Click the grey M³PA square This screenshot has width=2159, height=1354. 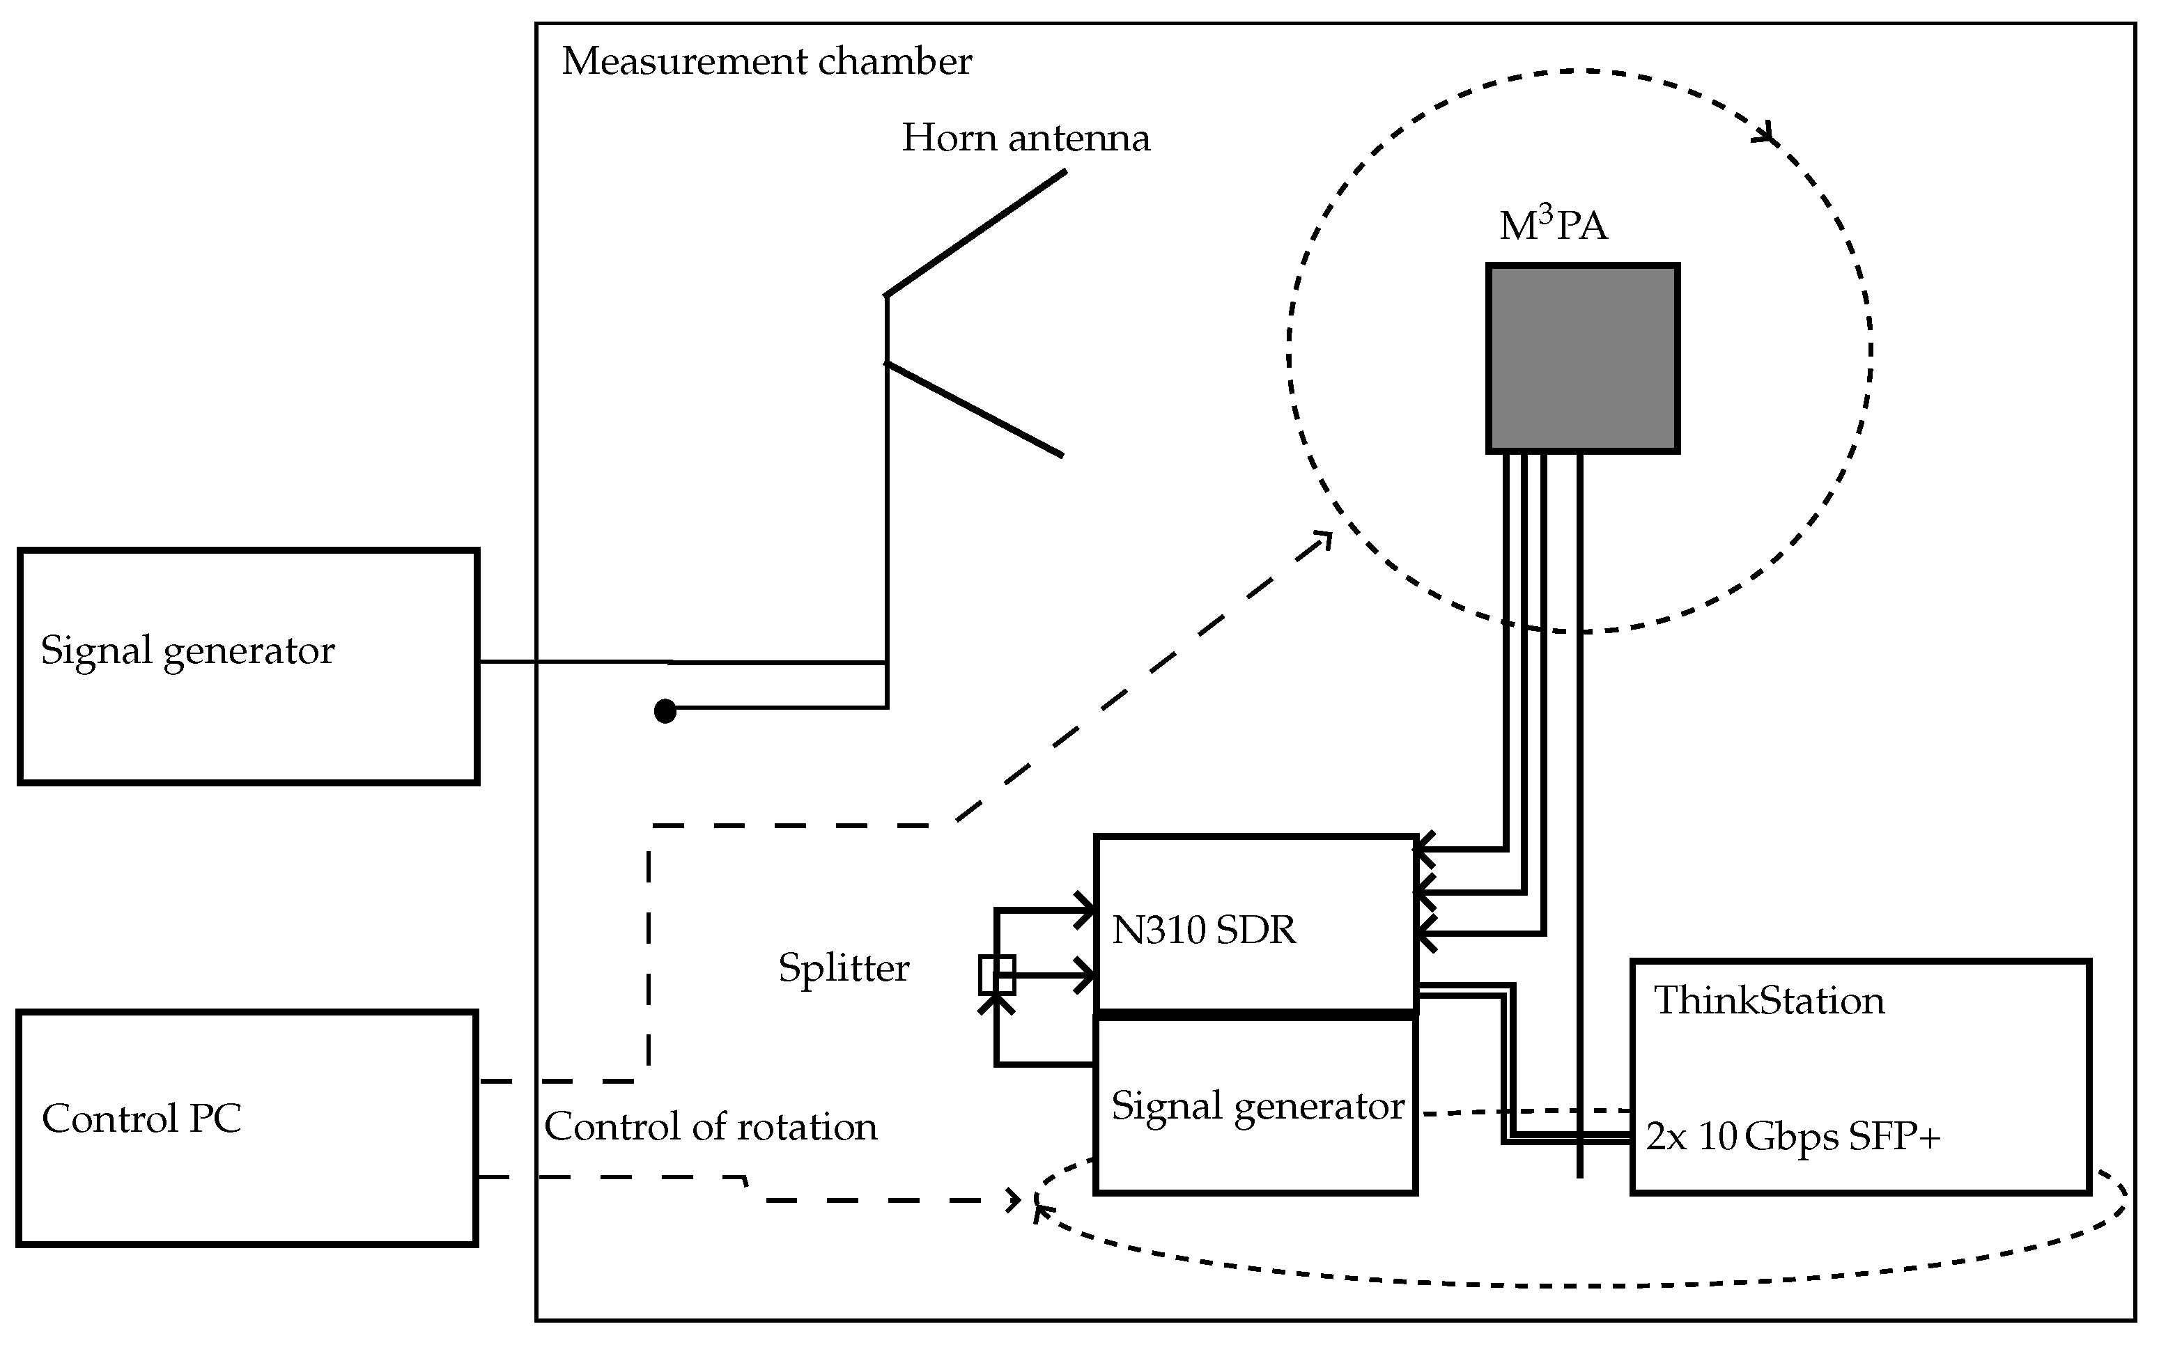(1582, 358)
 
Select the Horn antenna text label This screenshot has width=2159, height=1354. (1026, 138)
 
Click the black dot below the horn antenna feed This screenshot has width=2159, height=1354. (665, 711)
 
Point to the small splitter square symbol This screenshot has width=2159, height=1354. (997, 974)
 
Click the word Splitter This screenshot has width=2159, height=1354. (844, 968)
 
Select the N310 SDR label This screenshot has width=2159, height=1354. (1204, 931)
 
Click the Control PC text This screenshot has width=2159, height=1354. (141, 1119)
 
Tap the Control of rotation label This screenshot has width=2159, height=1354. (710, 1126)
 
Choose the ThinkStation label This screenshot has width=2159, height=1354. (1769, 1000)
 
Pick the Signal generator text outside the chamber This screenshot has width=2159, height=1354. (187, 650)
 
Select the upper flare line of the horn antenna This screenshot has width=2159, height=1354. (976, 232)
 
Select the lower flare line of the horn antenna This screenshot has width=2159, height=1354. (974, 408)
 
